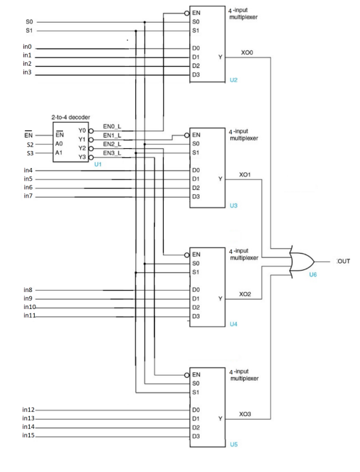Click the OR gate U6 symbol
tap(303, 261)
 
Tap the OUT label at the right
tap(343, 261)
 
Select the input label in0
tap(27, 47)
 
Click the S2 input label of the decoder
tap(29, 143)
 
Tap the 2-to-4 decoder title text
tap(70, 116)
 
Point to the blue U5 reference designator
tap(233, 444)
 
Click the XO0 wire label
tap(247, 52)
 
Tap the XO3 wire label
tap(245, 413)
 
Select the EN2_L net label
tap(112, 144)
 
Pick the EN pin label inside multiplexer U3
tap(196, 134)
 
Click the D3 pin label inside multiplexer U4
tap(196, 316)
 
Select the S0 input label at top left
tap(28, 22)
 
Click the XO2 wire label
tap(245, 293)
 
